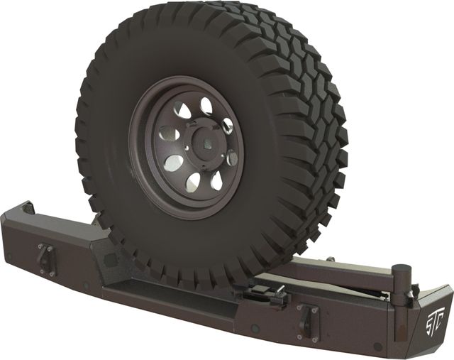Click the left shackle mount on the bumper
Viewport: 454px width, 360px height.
pos(45,257)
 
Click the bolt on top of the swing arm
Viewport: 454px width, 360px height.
pos(328,260)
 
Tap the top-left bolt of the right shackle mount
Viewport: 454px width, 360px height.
pos(301,308)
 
